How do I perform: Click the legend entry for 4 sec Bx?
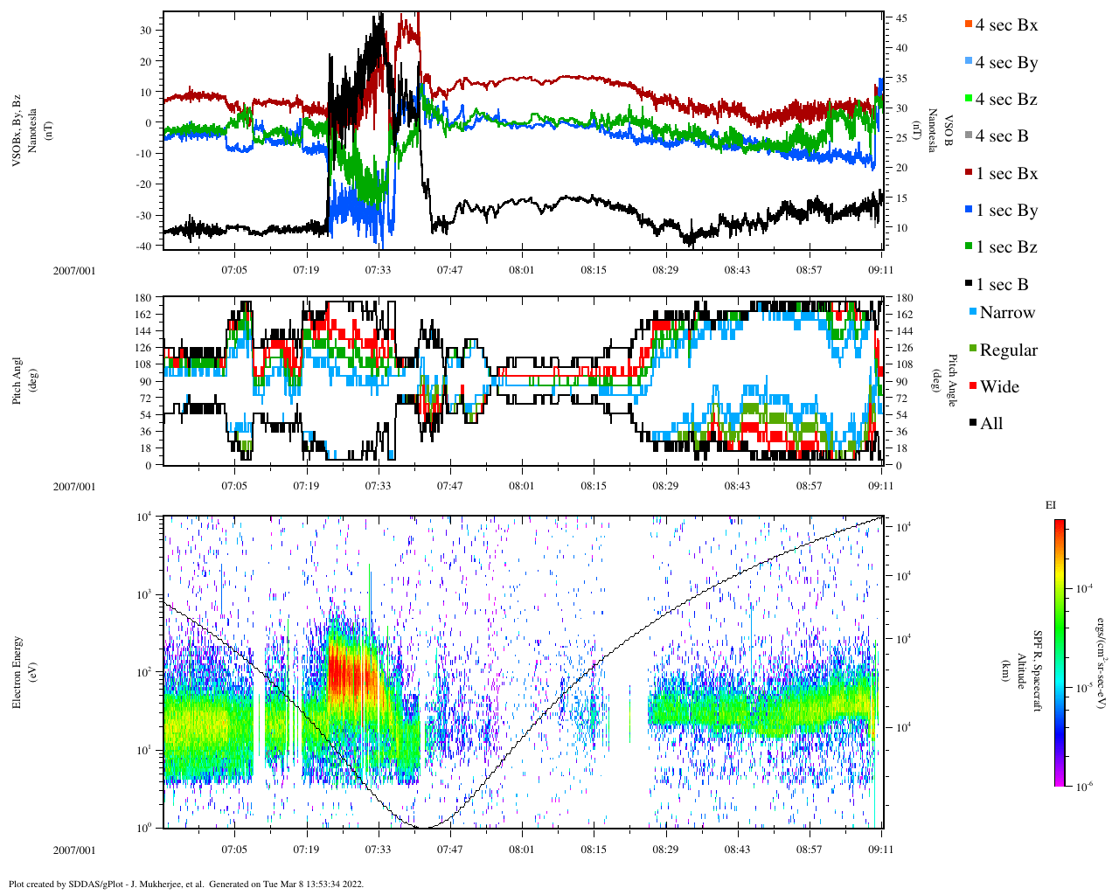point(1005,25)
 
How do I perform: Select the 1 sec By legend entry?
point(1006,211)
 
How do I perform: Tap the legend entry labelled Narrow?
point(1006,313)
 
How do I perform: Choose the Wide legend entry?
point(998,387)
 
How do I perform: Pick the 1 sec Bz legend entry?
point(1006,247)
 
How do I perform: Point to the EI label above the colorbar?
point(1051,505)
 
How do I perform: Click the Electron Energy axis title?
point(17,671)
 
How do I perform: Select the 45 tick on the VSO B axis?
point(901,18)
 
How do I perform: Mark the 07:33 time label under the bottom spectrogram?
point(378,849)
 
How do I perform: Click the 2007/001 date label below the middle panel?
point(74,487)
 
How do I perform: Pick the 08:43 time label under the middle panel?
point(737,486)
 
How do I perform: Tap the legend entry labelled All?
point(991,424)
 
